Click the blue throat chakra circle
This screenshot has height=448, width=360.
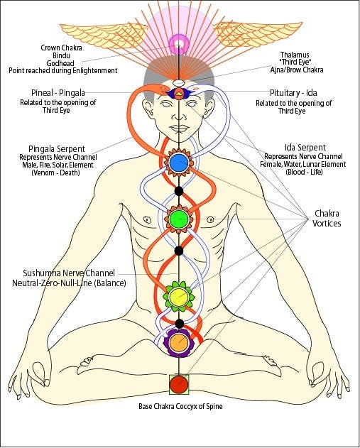click(x=178, y=163)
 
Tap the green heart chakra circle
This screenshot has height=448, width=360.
click(x=178, y=217)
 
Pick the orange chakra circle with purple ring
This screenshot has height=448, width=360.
click(x=178, y=344)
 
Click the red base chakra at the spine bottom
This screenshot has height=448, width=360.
click(x=180, y=385)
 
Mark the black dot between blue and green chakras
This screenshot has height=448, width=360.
click(x=179, y=190)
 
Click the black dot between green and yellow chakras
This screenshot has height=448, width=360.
click(x=179, y=250)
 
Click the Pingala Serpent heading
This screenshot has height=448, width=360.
click(x=54, y=150)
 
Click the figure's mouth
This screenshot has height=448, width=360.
click(x=179, y=128)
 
